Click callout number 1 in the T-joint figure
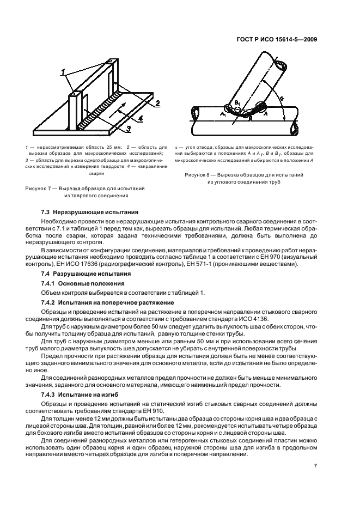63,72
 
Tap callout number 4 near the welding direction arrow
140,117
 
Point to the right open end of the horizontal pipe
294,129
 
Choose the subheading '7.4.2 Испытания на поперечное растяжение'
107,302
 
